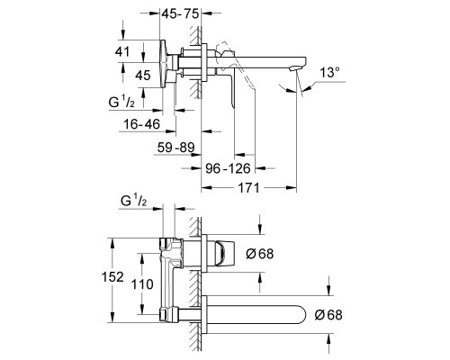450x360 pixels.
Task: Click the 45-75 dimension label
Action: coord(181,13)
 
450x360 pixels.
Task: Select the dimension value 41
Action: coord(122,51)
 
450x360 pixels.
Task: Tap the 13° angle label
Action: coord(329,73)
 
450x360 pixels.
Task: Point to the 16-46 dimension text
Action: coord(142,124)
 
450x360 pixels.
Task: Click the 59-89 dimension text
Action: coord(176,148)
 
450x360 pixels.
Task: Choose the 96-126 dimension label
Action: coord(228,168)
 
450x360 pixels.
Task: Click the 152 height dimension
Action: coord(112,277)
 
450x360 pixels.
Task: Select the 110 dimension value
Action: coord(142,284)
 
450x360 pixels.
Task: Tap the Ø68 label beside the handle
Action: coord(260,254)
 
